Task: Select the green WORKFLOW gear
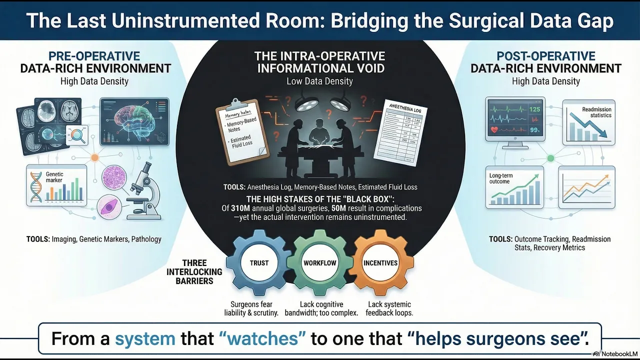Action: point(319,263)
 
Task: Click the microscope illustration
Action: point(143,192)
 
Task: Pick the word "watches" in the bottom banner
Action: point(263,338)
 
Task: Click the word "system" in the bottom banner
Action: point(145,338)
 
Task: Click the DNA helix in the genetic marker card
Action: point(38,187)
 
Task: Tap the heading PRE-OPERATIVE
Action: point(94,56)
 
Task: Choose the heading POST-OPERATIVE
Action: point(545,56)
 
